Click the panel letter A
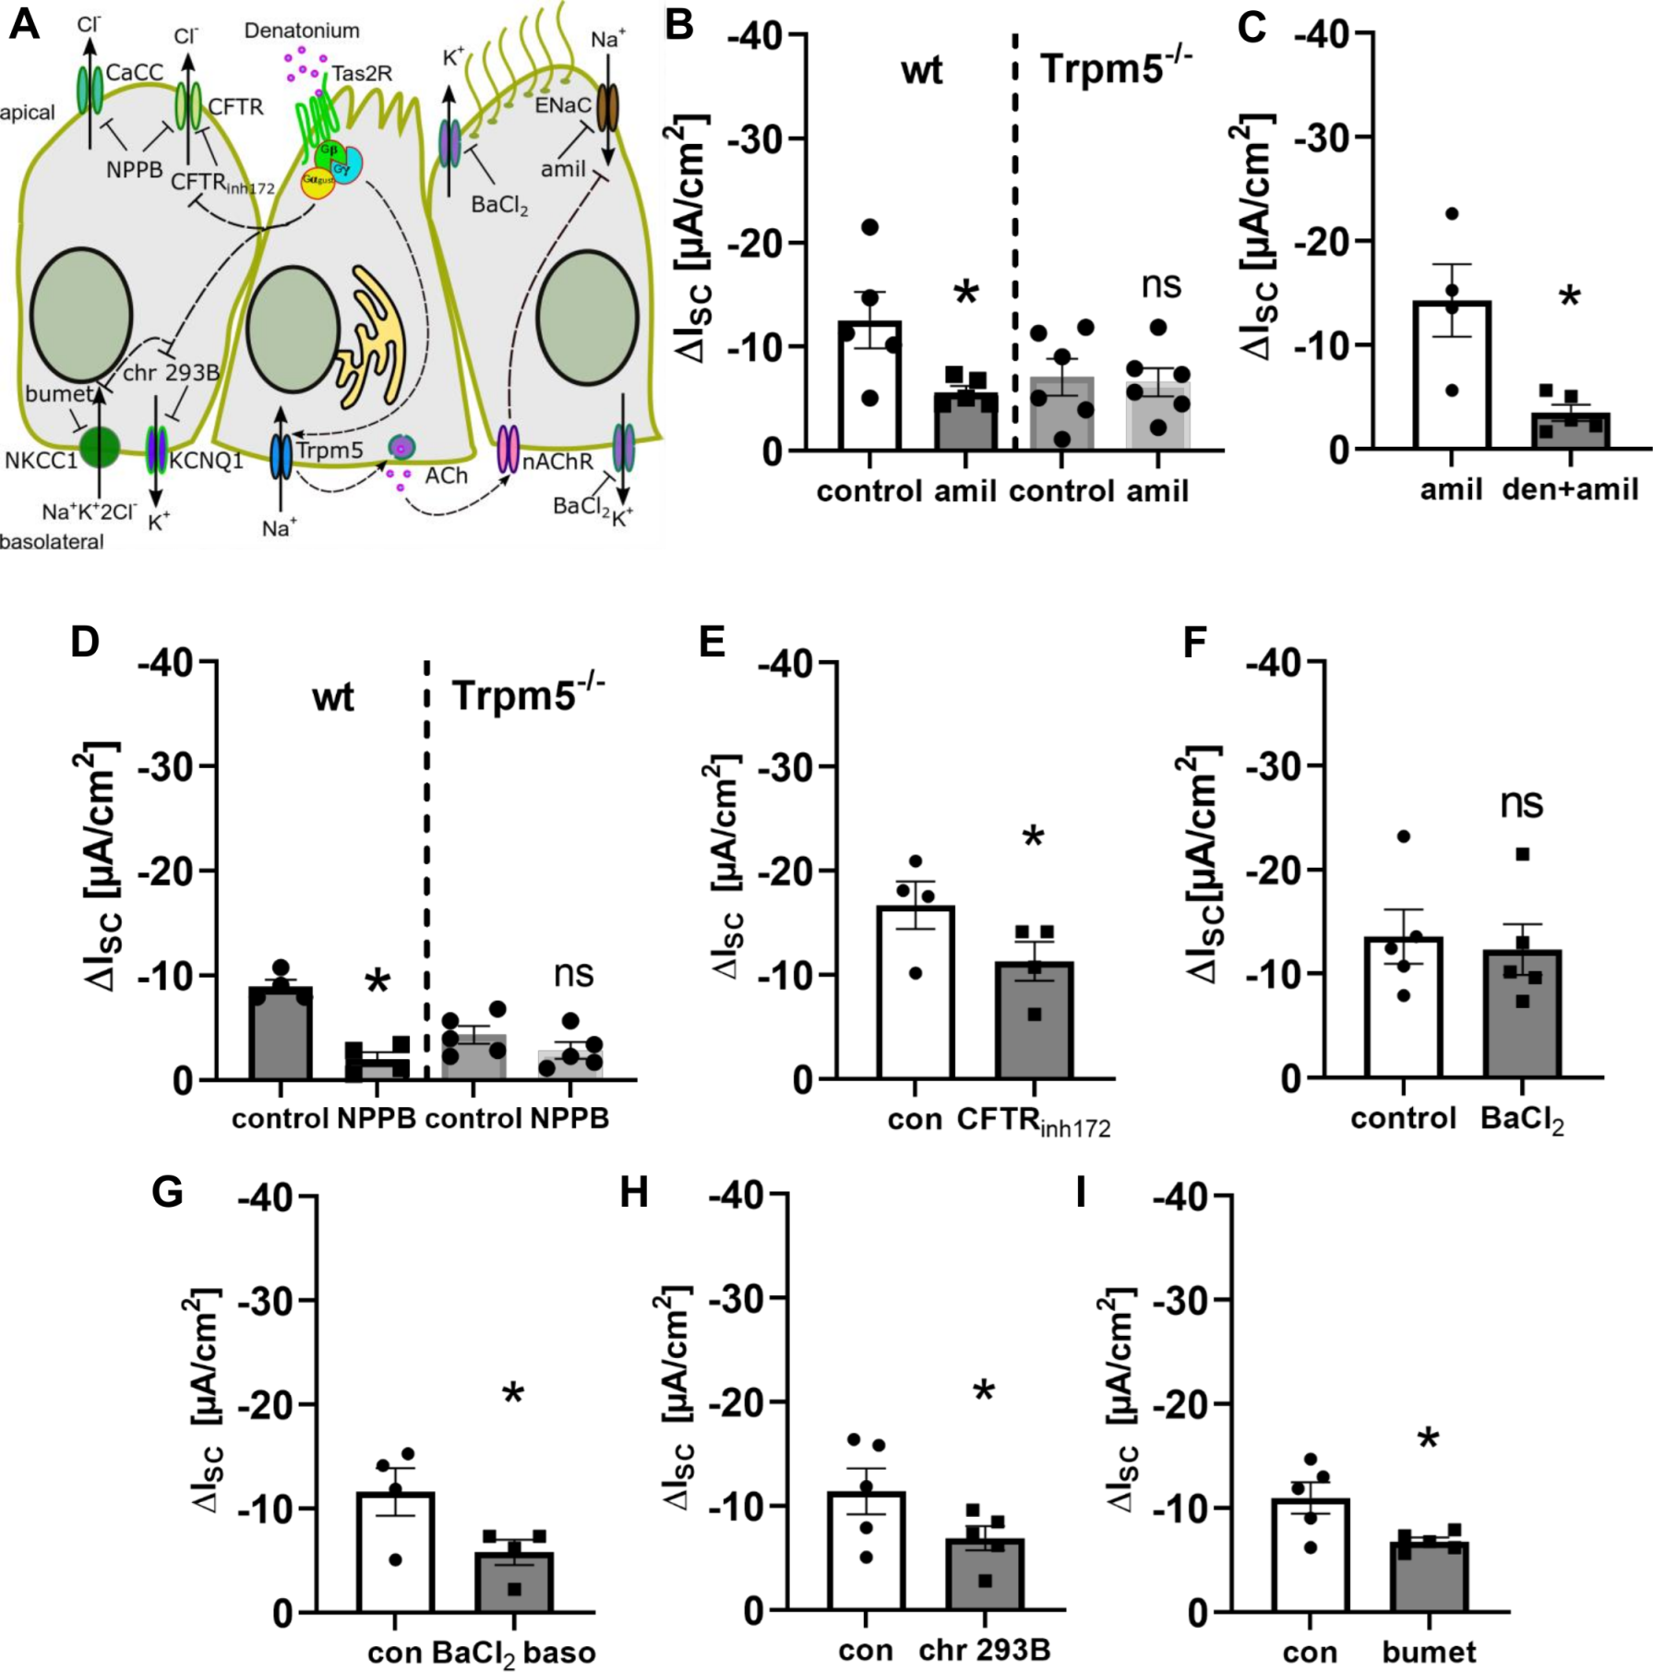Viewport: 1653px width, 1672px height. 24,25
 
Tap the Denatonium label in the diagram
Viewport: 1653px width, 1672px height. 302,31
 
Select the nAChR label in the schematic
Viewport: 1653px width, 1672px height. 557,461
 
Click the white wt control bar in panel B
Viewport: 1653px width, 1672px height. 869,388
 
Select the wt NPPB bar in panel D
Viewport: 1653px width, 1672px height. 377,1064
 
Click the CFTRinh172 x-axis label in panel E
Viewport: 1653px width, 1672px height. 1033,1122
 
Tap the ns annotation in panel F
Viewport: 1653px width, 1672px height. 1521,803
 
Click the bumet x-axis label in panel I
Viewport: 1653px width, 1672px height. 1429,1651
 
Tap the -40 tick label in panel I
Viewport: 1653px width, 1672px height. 1186,1197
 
